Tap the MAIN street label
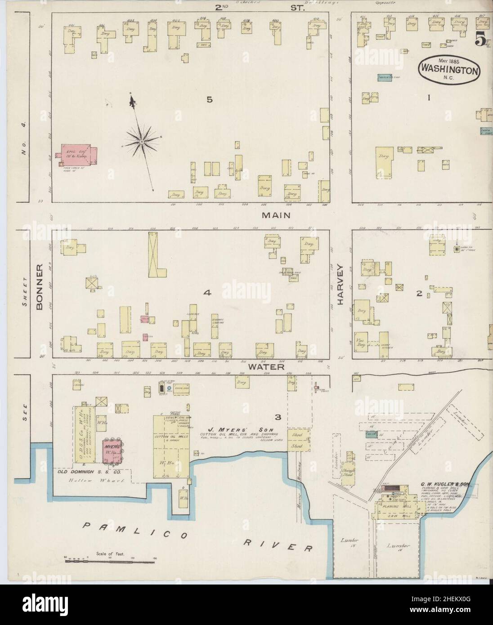click(276, 215)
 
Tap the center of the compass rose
click(142, 142)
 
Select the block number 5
click(209, 100)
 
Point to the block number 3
click(278, 417)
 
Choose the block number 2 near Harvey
click(419, 294)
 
